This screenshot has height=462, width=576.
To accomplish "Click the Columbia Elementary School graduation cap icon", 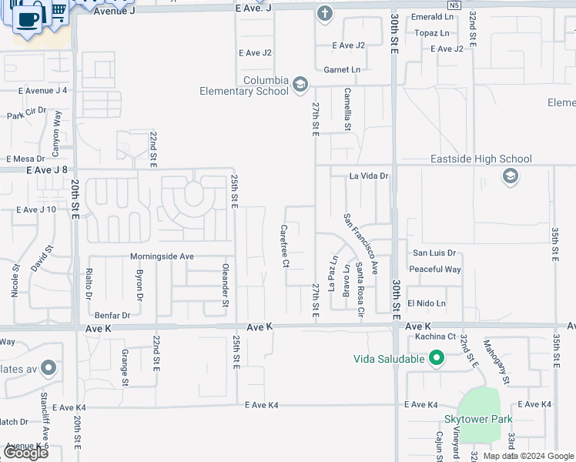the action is (300, 84).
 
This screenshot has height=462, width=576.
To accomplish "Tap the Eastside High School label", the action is (481, 159).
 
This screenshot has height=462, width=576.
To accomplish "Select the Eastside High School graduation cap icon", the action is (509, 177).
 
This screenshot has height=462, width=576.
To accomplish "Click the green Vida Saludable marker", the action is (437, 358).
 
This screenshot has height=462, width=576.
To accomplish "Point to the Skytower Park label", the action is (478, 420).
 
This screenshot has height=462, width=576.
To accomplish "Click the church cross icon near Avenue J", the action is (325, 13).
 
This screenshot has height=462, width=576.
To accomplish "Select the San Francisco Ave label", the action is (362, 245).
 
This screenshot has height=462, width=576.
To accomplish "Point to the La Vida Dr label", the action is (370, 176).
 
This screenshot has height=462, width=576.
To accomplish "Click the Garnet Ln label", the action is (341, 70).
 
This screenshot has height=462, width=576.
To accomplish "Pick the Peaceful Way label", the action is (435, 269).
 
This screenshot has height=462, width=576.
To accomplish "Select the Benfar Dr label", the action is (112, 315).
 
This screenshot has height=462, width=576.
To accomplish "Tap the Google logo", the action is (25, 453).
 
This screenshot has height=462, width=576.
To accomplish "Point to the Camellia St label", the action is (347, 109).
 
